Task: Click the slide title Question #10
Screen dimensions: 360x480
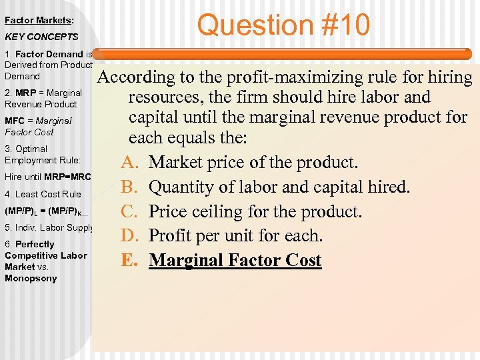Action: coord(283,25)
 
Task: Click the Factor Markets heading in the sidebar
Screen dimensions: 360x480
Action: coord(39,21)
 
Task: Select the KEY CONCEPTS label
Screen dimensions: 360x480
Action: coord(41,37)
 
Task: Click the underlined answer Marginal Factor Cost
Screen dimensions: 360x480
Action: coord(235,260)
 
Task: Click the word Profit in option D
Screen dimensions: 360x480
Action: coord(173,236)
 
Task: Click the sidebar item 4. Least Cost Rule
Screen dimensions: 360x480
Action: coord(43,194)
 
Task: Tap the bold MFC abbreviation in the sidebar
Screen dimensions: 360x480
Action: coord(15,121)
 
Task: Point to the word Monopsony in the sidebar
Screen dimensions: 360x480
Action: coord(31,278)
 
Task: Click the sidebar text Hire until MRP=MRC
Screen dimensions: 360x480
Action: coord(47,177)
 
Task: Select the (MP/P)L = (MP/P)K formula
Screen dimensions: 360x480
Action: coord(46,211)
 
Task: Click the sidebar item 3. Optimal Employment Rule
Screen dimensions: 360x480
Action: coord(42,154)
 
